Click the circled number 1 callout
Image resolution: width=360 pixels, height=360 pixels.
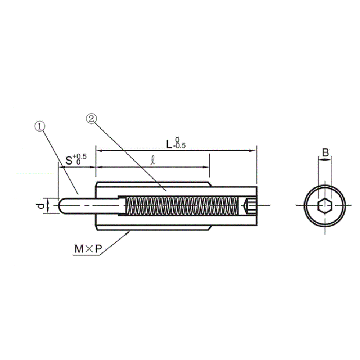40,126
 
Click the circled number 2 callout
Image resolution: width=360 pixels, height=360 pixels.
91,119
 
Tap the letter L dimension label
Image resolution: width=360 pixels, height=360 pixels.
169,144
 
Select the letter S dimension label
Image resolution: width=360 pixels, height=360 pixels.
69,161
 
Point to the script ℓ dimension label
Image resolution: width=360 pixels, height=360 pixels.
153,160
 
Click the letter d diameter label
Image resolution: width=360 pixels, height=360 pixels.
41,206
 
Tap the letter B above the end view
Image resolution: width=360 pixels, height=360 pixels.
325,153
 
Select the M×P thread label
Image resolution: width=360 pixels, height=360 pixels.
88,249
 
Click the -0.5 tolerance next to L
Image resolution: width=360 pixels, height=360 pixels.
180,145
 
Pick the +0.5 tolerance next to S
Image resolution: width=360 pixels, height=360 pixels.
80,157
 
